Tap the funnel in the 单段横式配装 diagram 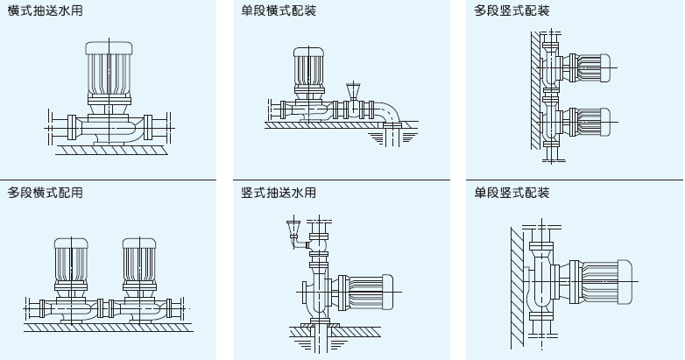354,89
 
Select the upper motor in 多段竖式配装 592,65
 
